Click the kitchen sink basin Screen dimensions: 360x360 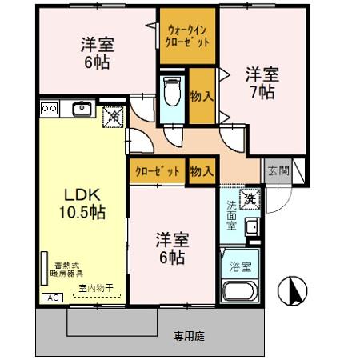coord(82,108)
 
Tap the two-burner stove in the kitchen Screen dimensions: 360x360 coord(49,108)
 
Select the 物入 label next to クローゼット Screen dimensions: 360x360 coord(201,170)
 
